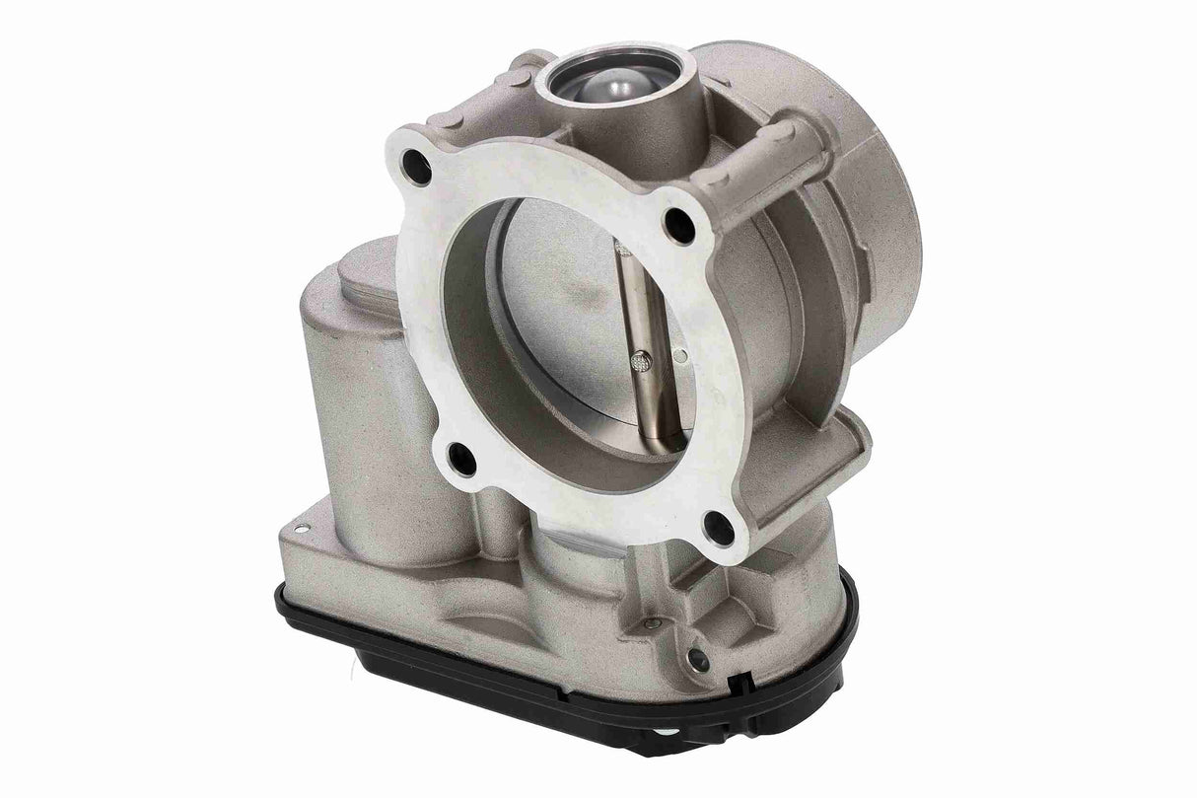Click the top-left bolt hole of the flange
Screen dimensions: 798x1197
tap(419, 169)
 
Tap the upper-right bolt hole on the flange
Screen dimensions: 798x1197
tap(678, 225)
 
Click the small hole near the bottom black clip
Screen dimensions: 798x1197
tap(699, 658)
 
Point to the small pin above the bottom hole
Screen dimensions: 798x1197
tap(652, 623)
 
